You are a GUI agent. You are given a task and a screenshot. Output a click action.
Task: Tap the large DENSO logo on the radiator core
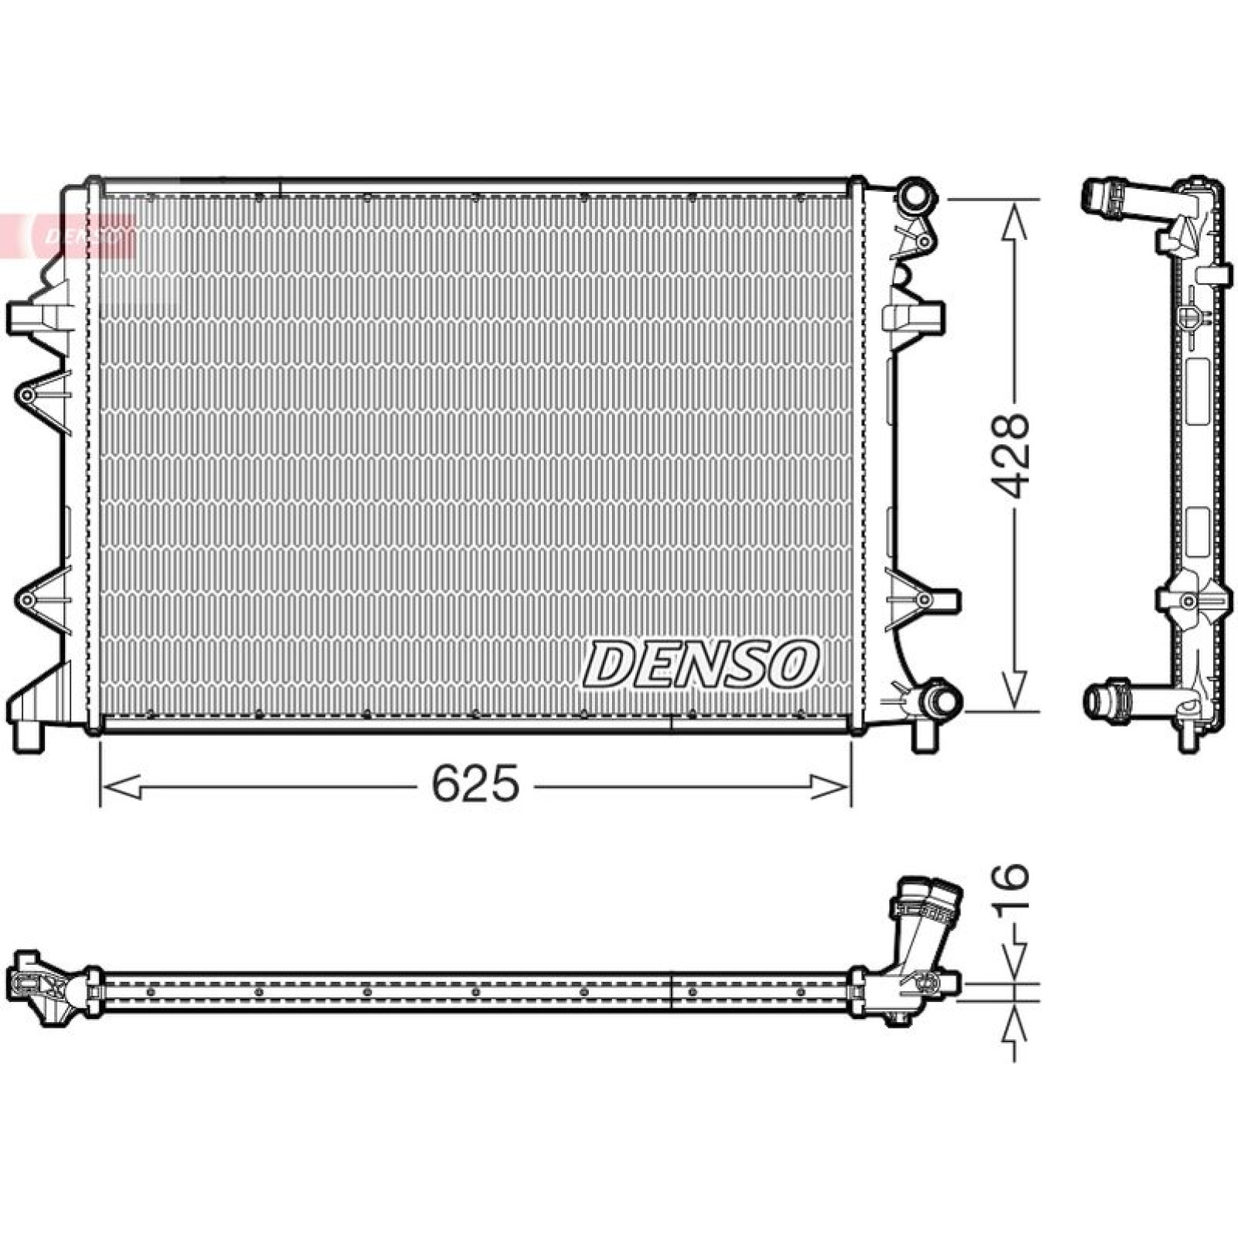(x=699, y=663)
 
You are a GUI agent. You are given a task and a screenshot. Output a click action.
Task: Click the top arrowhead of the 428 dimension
(x=1014, y=219)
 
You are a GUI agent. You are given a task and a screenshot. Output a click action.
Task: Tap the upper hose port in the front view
(x=915, y=197)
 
